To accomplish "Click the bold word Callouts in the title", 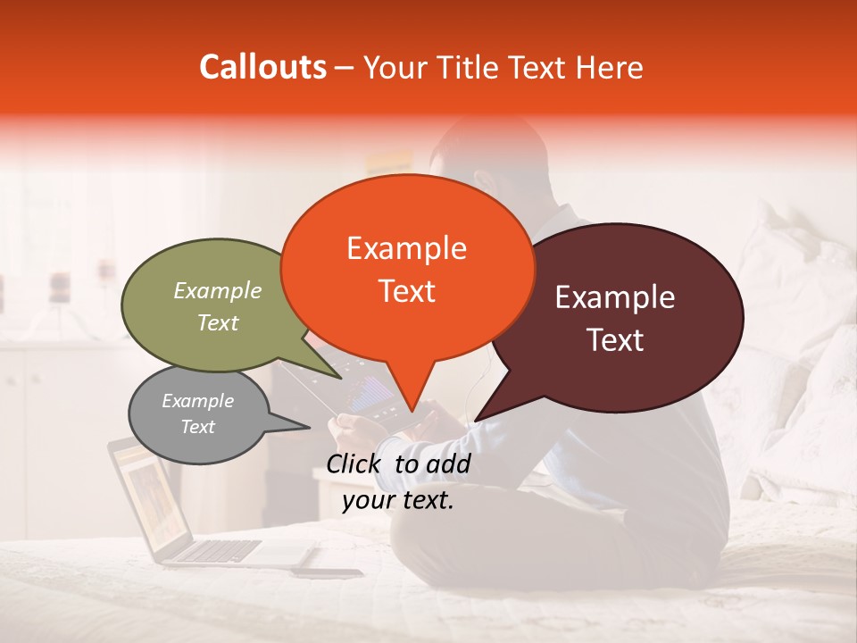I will [262, 67].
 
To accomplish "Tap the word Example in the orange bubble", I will [406, 248].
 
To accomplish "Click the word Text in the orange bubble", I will [407, 291].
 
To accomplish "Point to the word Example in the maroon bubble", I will [615, 298].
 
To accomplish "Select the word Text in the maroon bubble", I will [616, 340].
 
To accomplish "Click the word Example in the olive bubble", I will [218, 290].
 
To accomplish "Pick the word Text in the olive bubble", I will [218, 322].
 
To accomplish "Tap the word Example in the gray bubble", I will [197, 401].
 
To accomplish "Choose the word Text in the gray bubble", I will [198, 427].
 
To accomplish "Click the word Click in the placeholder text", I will [355, 463].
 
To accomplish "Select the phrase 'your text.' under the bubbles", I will [398, 500].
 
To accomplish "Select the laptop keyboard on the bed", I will [214, 550].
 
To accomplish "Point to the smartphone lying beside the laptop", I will [327, 572].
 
